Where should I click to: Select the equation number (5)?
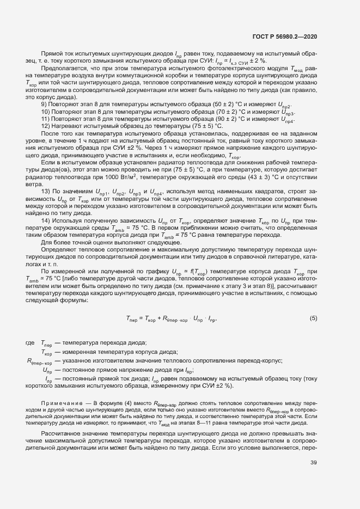tap(313, 318)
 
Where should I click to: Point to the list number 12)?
tap(46, 126)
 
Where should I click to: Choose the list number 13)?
tap(46, 191)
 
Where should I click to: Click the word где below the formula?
tap(30, 342)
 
